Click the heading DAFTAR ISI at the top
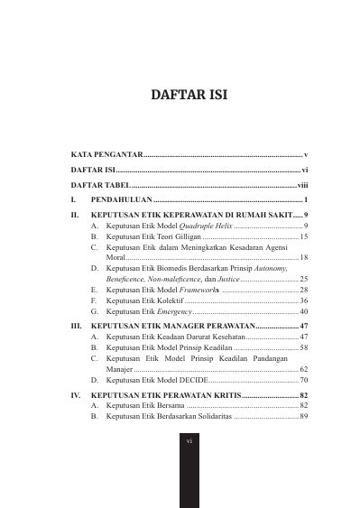pos(180,94)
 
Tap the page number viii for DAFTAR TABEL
pos(302,183)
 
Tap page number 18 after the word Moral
pos(304,257)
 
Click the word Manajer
pos(119,369)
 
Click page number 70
pos(304,380)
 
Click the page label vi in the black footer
pos(189,441)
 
